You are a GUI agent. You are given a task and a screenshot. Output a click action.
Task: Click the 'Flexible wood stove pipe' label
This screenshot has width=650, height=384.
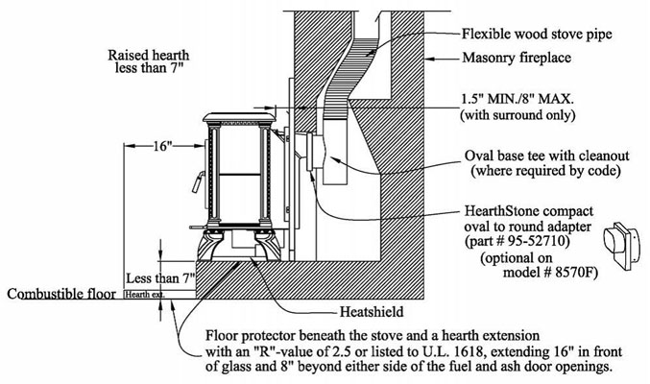point(537,34)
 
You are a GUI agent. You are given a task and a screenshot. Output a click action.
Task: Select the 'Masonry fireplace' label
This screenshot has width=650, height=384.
point(517,58)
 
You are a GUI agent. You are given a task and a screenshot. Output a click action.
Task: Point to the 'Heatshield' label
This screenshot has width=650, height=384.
point(371,311)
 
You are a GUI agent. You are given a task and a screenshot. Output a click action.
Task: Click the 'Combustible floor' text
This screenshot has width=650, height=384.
point(61,294)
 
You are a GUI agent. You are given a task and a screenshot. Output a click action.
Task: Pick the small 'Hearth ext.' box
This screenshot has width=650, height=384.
point(159,295)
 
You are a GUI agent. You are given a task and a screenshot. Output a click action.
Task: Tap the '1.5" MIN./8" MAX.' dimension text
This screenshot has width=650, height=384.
point(518,100)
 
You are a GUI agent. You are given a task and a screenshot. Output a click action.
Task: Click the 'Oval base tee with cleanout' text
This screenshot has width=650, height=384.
point(546,156)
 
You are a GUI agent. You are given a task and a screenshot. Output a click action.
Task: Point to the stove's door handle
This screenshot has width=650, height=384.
point(198,181)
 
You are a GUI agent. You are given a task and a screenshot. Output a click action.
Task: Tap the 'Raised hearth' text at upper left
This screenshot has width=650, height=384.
point(149,55)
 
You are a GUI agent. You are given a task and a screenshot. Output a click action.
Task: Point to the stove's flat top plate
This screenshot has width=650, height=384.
point(239,116)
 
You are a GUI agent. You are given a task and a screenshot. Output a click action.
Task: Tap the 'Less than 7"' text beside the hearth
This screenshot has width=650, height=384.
point(160,277)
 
